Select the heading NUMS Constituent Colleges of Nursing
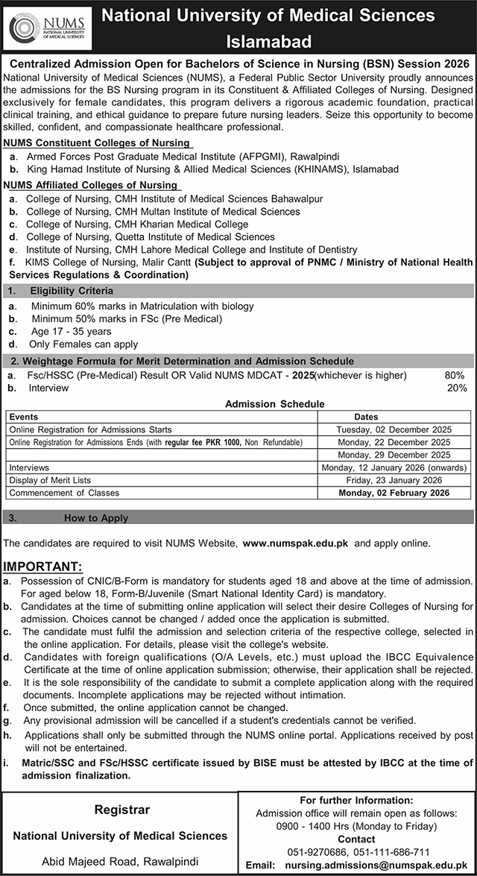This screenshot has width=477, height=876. (95, 142)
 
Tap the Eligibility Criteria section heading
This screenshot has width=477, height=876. (72, 290)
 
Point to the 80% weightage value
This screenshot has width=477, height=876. (455, 375)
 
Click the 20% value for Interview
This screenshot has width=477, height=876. (456, 388)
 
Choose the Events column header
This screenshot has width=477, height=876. (23, 417)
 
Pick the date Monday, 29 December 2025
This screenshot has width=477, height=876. (394, 455)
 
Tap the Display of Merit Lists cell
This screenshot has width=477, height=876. (50, 480)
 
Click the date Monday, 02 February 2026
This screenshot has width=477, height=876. (394, 494)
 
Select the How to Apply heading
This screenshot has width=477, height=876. (96, 517)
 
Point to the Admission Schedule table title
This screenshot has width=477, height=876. (275, 404)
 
